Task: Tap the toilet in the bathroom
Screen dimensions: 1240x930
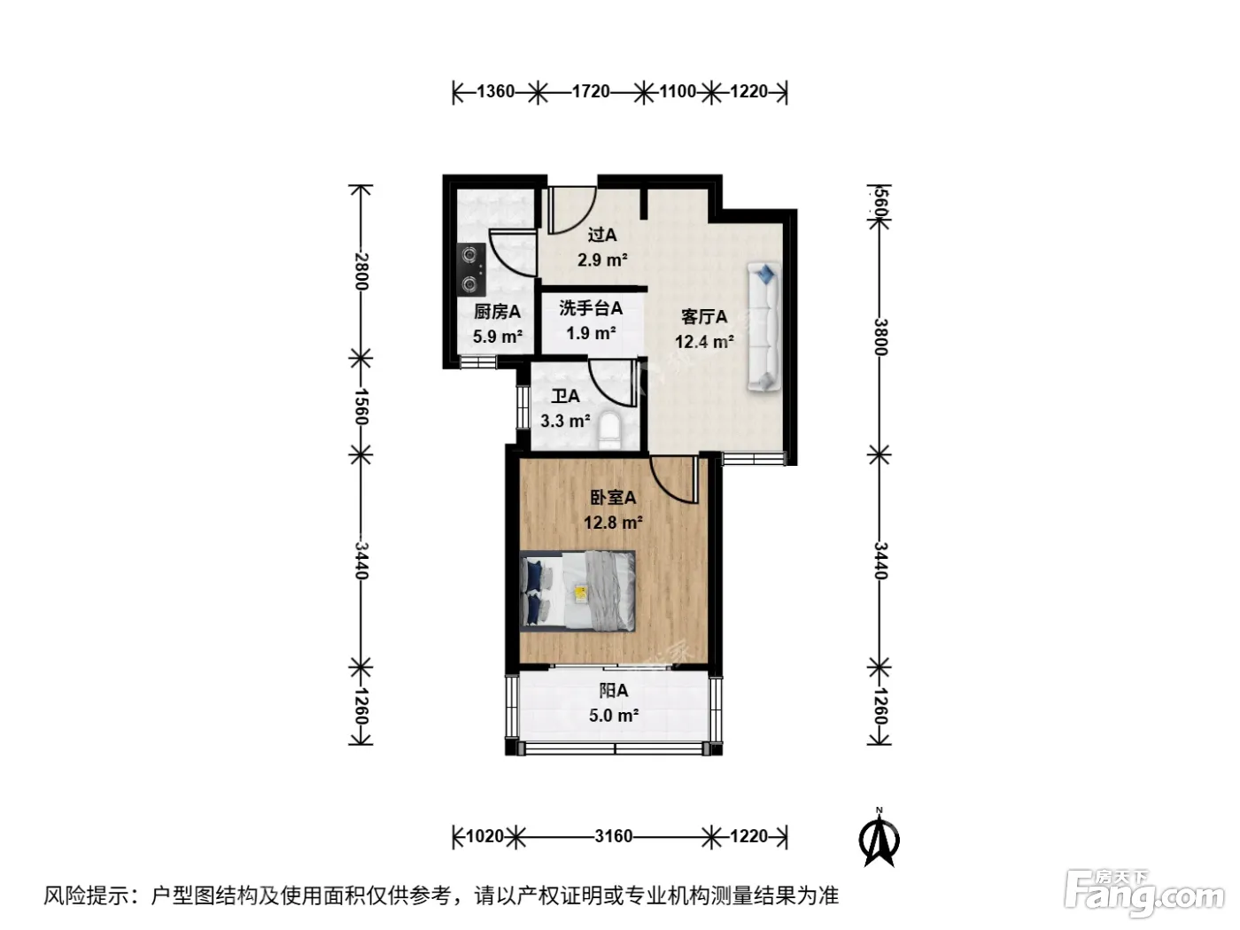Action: (609, 430)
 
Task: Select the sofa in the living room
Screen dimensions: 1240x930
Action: (764, 326)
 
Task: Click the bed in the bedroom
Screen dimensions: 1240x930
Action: (577, 590)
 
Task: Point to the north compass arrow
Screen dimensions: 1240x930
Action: (879, 838)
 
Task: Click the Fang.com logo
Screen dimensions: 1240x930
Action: (1143, 895)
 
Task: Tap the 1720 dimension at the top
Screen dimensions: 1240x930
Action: (591, 91)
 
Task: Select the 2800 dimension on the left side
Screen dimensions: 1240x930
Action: (361, 272)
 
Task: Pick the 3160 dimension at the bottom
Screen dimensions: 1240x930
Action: (614, 836)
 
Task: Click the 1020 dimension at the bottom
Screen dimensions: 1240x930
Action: (484, 836)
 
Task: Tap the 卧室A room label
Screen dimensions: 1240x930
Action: (613, 498)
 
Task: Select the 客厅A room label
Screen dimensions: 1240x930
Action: (704, 317)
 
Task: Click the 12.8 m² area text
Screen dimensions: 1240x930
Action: (613, 523)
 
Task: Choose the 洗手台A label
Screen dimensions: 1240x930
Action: (591, 307)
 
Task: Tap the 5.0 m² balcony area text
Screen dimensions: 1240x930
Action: (614, 716)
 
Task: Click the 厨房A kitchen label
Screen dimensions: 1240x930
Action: (497, 312)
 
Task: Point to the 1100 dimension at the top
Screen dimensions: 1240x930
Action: (678, 91)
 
